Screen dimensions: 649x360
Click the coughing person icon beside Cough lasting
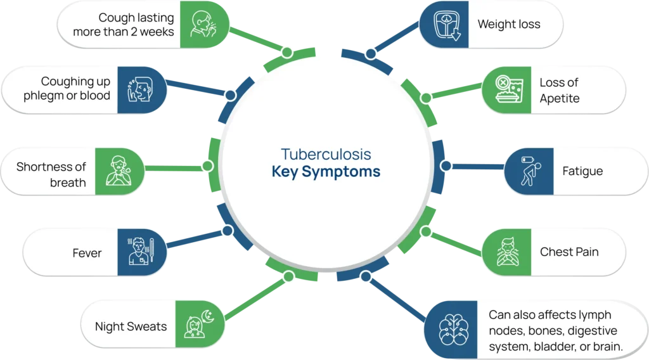pos(203,24)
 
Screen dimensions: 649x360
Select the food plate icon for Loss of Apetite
pos(509,89)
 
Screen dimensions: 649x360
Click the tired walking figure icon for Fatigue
pos(530,171)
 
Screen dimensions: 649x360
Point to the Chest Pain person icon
pos(508,252)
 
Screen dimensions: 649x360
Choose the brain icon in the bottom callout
pos(454,330)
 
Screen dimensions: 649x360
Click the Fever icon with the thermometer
pos(140,251)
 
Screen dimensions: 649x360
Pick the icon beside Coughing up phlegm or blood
pos(140,89)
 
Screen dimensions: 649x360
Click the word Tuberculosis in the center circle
pos(326,155)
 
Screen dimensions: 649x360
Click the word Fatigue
pos(582,171)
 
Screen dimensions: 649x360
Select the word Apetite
pos(560,99)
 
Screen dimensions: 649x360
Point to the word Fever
pos(87,253)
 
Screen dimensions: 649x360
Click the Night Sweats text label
pos(131,326)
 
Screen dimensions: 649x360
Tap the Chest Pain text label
pos(569,252)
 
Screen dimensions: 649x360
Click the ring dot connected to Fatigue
pos(446,166)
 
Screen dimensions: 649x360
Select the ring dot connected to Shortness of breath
pos(208,166)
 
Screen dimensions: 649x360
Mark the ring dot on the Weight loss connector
pos(371,53)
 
